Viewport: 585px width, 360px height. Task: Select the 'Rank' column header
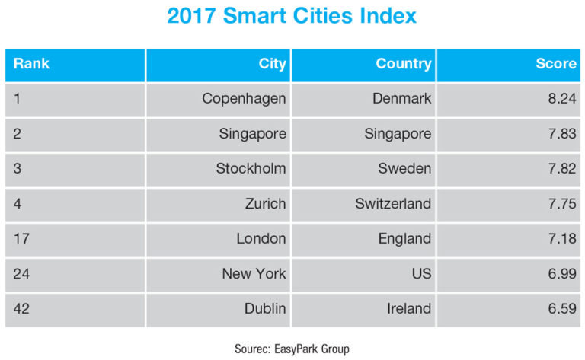pos(31,64)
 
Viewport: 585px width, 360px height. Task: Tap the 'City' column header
pos(272,64)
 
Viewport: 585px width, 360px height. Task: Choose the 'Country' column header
pos(403,64)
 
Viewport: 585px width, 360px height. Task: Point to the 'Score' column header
pos(556,64)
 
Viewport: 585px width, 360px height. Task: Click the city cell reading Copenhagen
pos(244,98)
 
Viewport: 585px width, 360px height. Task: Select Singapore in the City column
pos(252,134)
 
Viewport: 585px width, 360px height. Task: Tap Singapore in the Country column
pos(397,134)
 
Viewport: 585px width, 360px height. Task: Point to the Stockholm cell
pos(251,169)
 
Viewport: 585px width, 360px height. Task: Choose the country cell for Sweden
pos(404,169)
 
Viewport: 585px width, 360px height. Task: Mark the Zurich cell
pos(265,204)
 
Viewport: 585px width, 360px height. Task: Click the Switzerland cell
pos(393,204)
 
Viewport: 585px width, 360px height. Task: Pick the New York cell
pos(254,274)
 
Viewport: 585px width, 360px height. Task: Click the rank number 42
pos(22,309)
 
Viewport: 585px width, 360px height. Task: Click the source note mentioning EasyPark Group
pos(292,348)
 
